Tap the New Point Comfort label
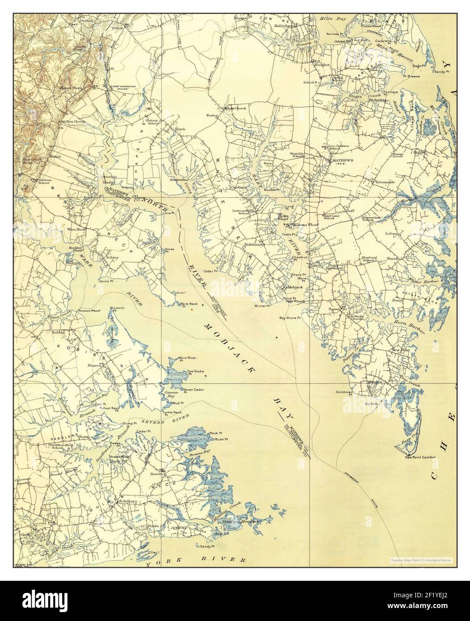pos(420,457)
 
